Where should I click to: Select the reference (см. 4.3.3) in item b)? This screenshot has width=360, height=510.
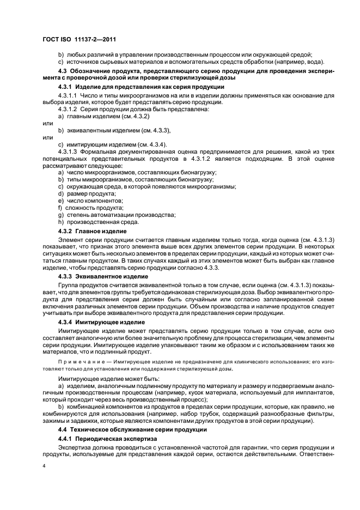click(155, 130)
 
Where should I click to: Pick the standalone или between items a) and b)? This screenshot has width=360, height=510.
click(47, 123)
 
